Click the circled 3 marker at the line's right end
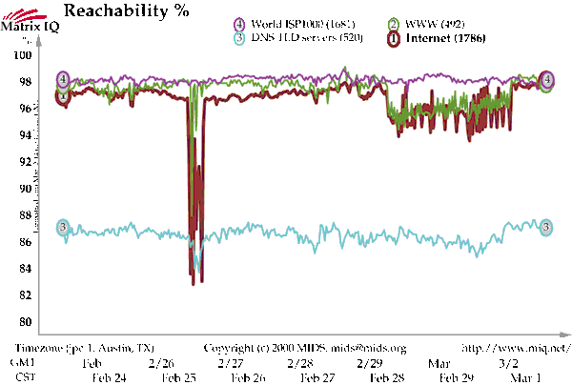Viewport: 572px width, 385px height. click(546, 227)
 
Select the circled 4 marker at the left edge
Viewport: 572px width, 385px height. click(63, 79)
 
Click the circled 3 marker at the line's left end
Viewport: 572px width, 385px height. click(63, 227)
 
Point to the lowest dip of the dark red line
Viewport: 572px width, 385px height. click(193, 283)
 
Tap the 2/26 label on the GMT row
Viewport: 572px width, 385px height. click(162, 363)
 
